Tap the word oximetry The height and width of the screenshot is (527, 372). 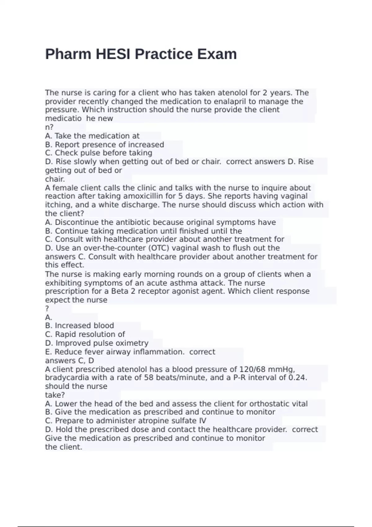[x=132, y=343]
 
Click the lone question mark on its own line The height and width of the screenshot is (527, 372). [x=47, y=309]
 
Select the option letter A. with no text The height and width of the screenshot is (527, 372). [x=48, y=317]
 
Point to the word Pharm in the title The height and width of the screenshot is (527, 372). [x=68, y=54]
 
